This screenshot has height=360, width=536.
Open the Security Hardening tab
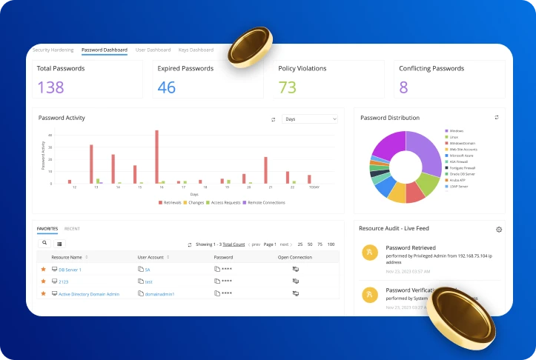point(53,50)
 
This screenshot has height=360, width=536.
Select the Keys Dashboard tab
point(196,50)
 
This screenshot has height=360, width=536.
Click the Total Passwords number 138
point(50,87)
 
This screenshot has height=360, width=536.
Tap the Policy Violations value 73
point(287,87)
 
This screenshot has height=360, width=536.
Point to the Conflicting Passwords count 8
point(403,87)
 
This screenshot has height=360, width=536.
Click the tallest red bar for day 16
point(156,156)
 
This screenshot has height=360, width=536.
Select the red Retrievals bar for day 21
point(265,170)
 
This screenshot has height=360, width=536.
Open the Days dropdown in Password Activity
point(310,119)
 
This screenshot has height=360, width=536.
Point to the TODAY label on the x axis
point(314,187)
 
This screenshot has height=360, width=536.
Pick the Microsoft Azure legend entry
point(460,156)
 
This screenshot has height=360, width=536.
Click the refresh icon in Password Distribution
point(497,117)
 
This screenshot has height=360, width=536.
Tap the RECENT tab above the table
point(72,229)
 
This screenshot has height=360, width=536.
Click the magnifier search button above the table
point(44,243)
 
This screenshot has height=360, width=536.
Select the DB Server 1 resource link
point(70,270)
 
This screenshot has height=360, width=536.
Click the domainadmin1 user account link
point(159,294)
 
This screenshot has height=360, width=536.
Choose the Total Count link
point(234,244)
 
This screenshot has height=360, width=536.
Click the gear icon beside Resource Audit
point(499,230)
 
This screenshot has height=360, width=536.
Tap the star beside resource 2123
point(43,281)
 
